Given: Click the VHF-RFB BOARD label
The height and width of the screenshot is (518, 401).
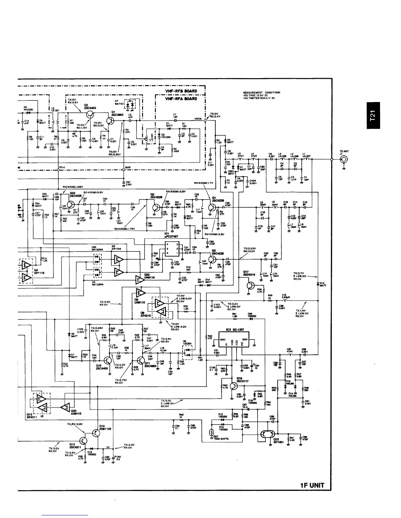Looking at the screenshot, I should (181, 91).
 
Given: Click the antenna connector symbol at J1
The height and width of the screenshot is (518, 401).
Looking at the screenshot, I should (344, 160).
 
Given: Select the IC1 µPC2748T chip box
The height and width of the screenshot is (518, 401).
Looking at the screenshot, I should (171, 250).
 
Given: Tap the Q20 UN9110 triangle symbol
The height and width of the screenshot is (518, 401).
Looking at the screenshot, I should (65, 407).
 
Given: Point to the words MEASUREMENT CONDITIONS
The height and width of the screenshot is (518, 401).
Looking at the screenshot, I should (261, 93).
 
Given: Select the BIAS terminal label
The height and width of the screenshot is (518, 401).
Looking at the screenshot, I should (128, 167).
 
